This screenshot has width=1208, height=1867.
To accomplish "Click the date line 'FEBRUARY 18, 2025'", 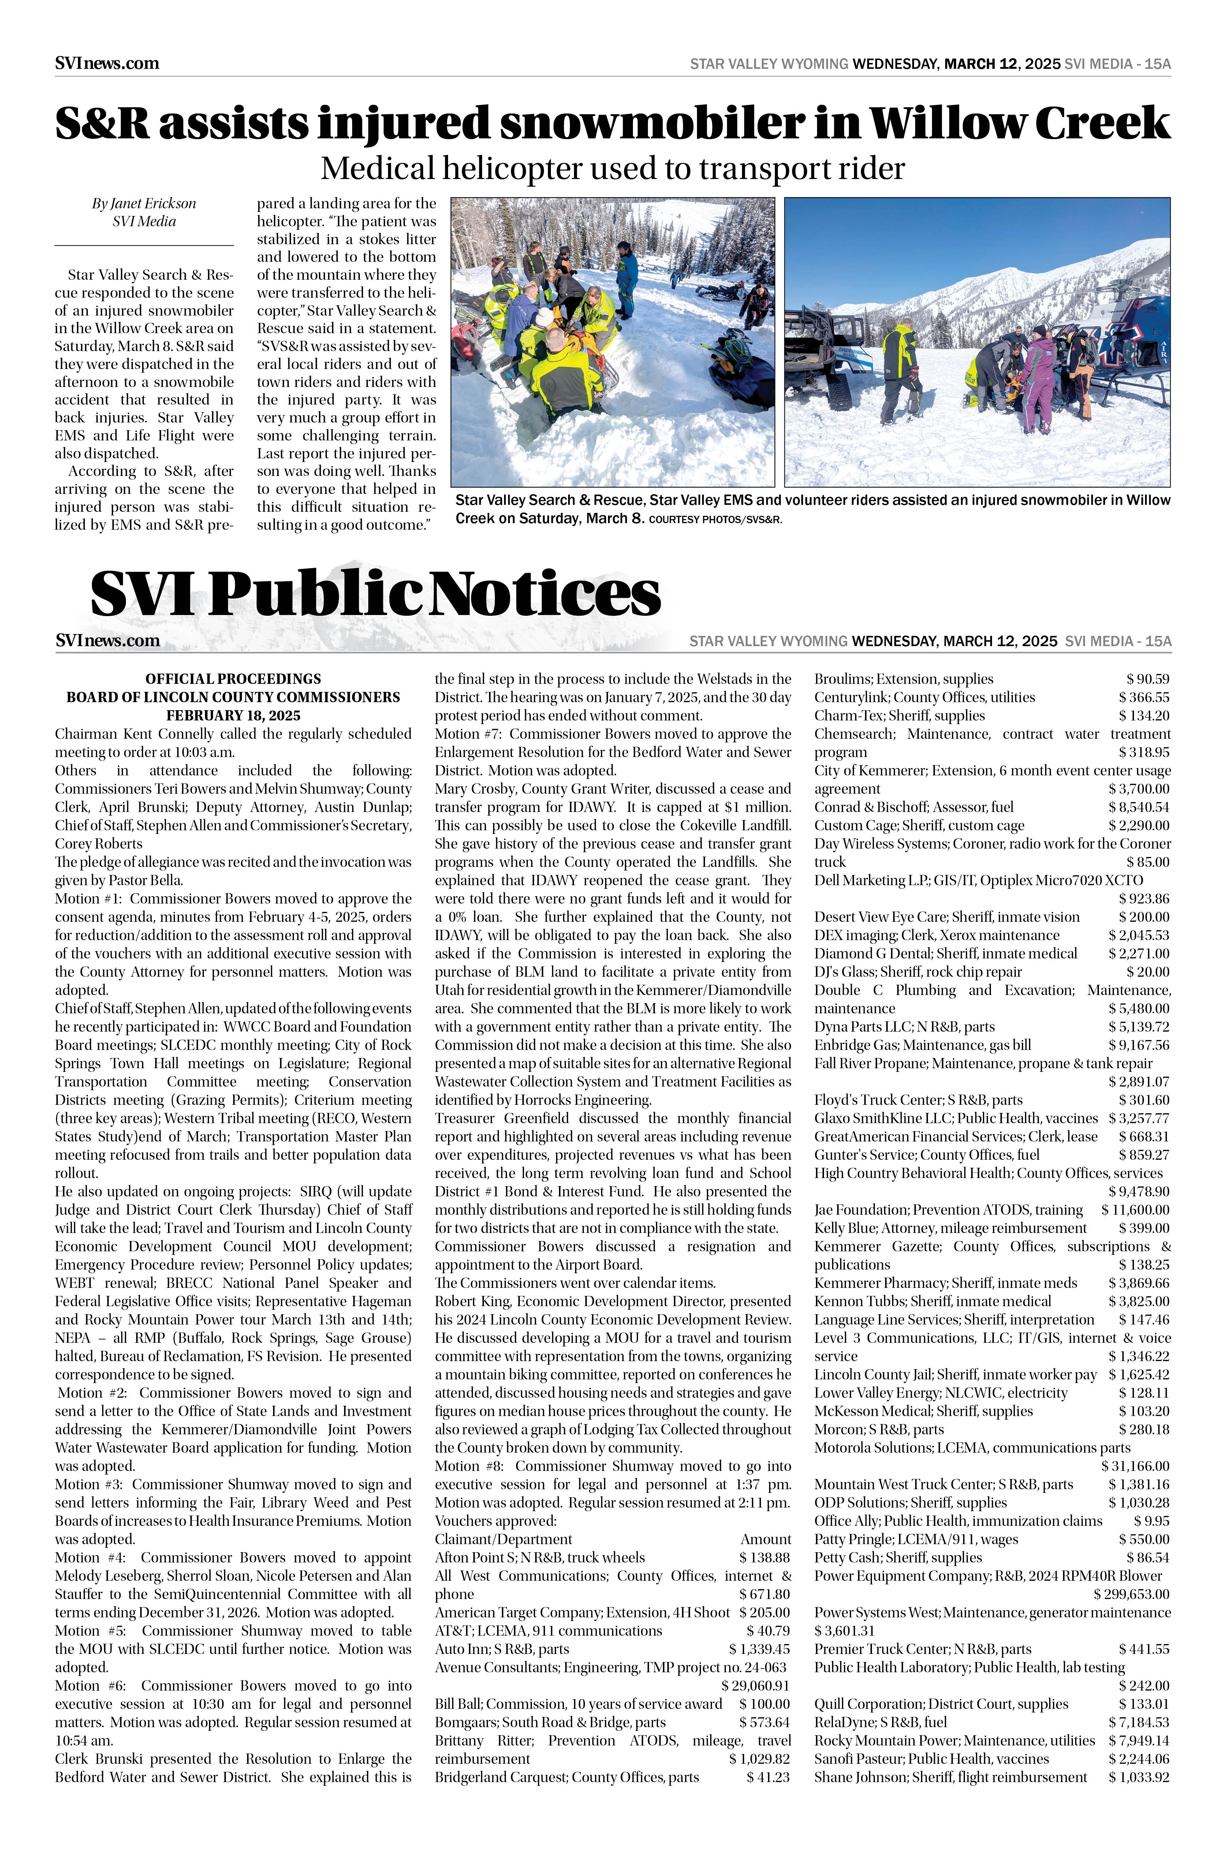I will coord(233,715).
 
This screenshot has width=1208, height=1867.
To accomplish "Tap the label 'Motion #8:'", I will coord(471,1466).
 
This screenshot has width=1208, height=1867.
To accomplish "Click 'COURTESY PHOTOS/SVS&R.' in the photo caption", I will coord(715,519).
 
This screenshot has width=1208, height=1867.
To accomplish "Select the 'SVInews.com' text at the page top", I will coord(107,64).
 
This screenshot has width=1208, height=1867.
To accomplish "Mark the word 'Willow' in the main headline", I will coord(948,124).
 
